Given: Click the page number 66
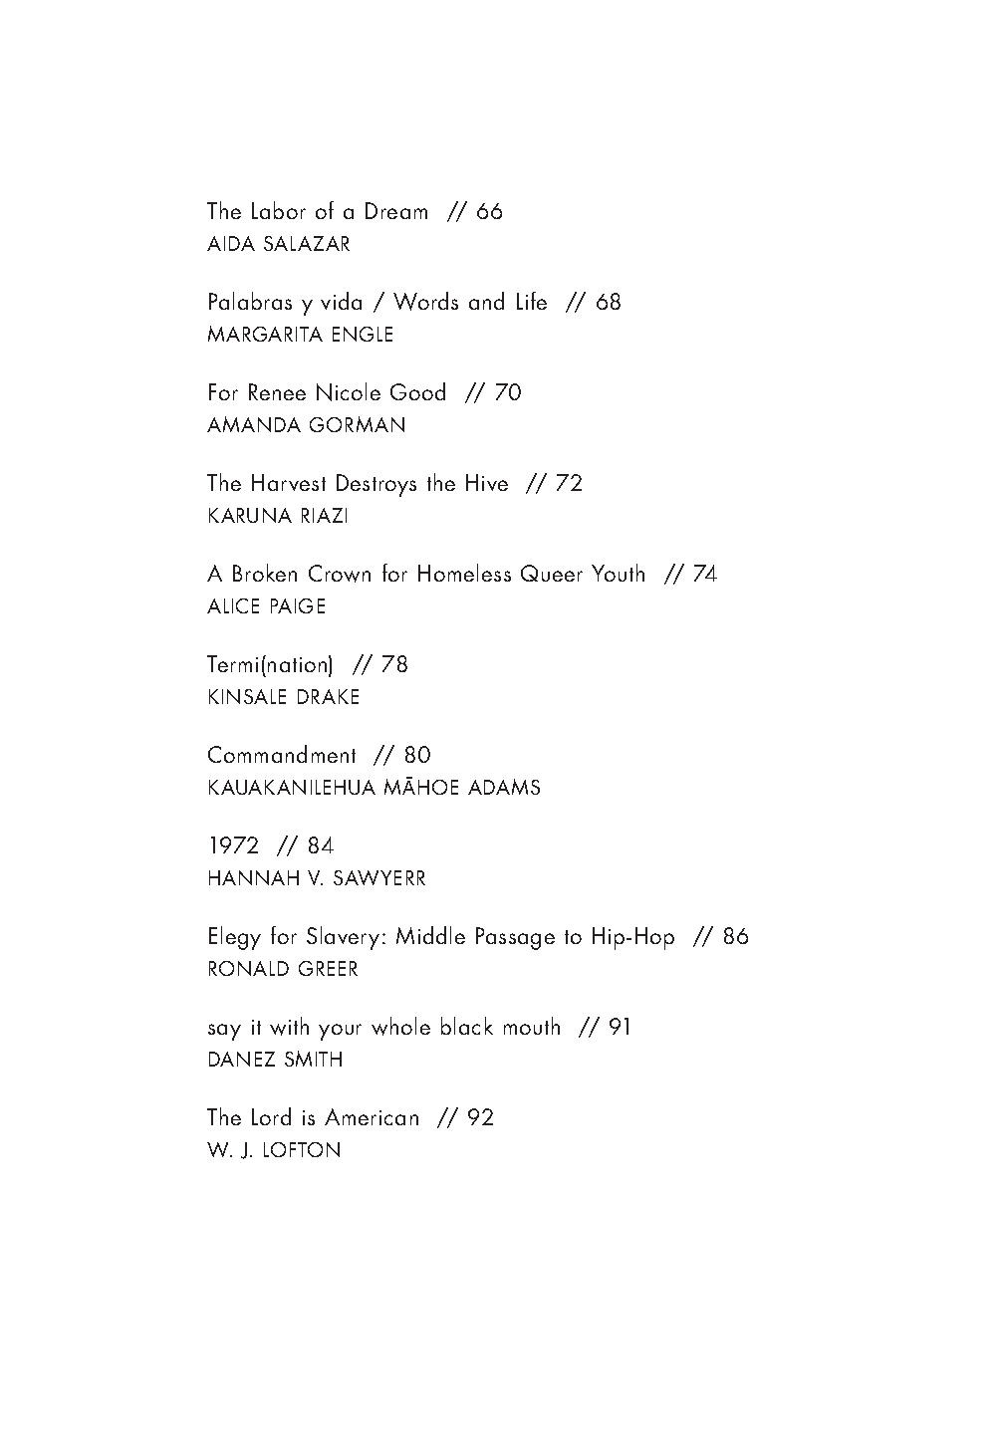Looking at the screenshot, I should (x=490, y=212).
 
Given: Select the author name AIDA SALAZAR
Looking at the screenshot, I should (x=279, y=244).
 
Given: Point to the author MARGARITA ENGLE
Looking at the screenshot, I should (x=300, y=335).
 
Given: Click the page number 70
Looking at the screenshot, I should (x=508, y=393).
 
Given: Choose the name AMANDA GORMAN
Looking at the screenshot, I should (x=307, y=425).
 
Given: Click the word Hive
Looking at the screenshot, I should (x=485, y=484).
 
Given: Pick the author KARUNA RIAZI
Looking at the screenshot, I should (x=278, y=516).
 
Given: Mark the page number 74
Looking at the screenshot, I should (x=704, y=575).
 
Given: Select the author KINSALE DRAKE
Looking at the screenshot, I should (x=284, y=697).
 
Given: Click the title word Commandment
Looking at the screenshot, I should (x=282, y=756).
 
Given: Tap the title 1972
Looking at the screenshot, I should (x=233, y=846).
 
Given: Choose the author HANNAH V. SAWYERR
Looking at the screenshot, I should (x=317, y=878).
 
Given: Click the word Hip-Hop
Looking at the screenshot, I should (x=632, y=937).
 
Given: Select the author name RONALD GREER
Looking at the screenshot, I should (x=283, y=969).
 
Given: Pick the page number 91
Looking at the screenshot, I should (x=620, y=1028).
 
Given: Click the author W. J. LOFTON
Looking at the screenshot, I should (x=274, y=1150).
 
